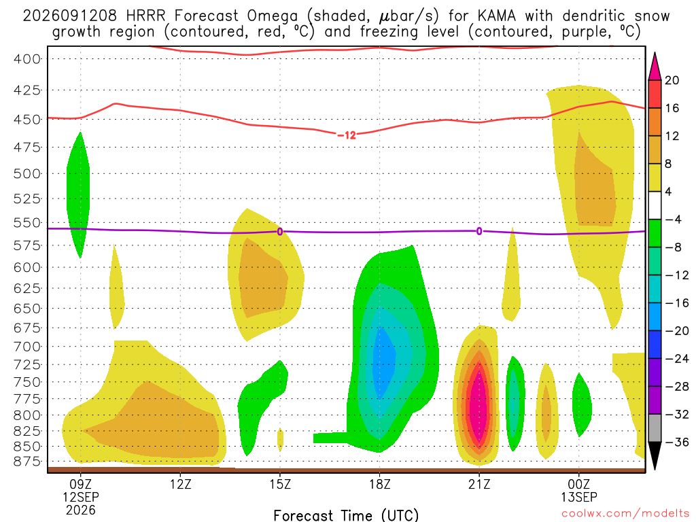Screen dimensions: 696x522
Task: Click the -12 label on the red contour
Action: [x=347, y=135]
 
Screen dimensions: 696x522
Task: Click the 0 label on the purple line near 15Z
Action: [x=280, y=232]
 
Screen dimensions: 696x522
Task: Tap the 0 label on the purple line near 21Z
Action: [x=479, y=231]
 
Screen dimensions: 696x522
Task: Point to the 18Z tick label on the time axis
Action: [x=380, y=484]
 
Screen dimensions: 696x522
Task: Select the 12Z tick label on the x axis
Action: [x=181, y=484]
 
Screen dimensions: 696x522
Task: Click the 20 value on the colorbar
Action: [x=672, y=80]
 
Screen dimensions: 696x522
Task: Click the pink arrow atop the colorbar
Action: [x=655, y=67]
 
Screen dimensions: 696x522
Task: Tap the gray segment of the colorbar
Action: [x=655, y=428]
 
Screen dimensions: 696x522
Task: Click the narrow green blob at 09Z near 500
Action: [x=79, y=195]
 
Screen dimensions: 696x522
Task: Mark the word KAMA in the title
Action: [x=497, y=16]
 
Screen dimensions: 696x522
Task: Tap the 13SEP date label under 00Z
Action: [x=579, y=497]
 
